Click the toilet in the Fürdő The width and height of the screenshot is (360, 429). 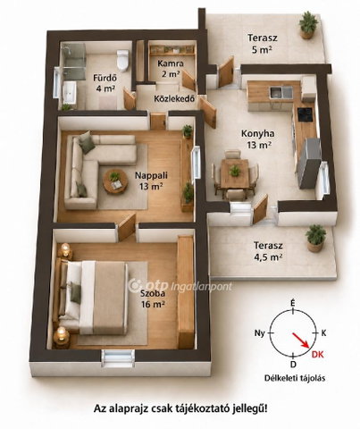point(122,59)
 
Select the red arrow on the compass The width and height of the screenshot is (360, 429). point(301,341)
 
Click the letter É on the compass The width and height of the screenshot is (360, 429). point(293,304)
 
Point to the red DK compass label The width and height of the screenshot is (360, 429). point(318,354)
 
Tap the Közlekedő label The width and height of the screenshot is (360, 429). point(174,98)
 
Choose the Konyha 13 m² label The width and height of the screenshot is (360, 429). point(257,139)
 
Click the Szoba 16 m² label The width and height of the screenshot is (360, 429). point(153,299)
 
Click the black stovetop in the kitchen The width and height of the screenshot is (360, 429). point(306,114)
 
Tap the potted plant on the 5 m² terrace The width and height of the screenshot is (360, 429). point(308,25)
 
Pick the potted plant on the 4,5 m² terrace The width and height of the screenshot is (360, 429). point(315,239)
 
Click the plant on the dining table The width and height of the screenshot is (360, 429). point(235,171)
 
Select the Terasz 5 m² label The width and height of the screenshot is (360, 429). point(263,44)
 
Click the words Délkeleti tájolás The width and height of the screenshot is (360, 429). point(295,378)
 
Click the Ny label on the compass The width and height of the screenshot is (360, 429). point(260,333)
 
